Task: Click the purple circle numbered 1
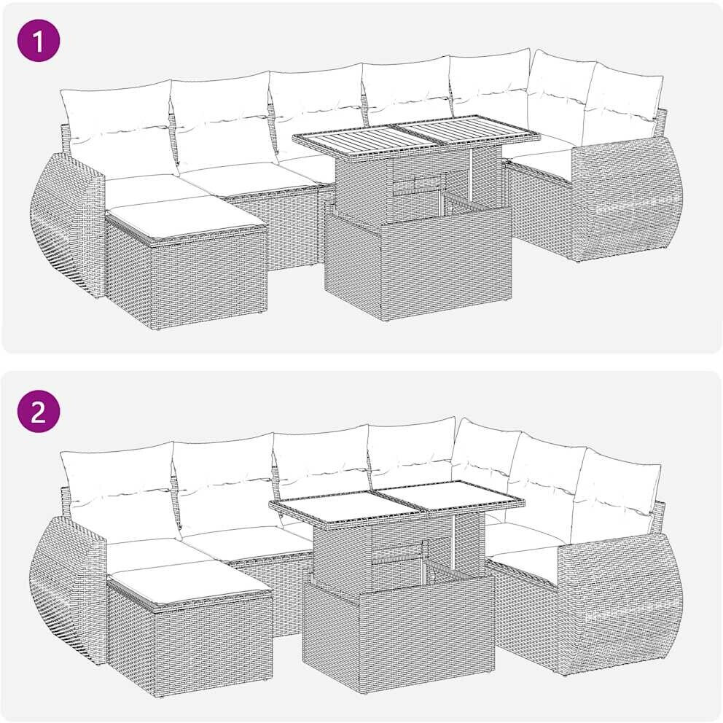click(39, 41)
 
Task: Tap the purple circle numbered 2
click(39, 411)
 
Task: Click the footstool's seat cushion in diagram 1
click(187, 216)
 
